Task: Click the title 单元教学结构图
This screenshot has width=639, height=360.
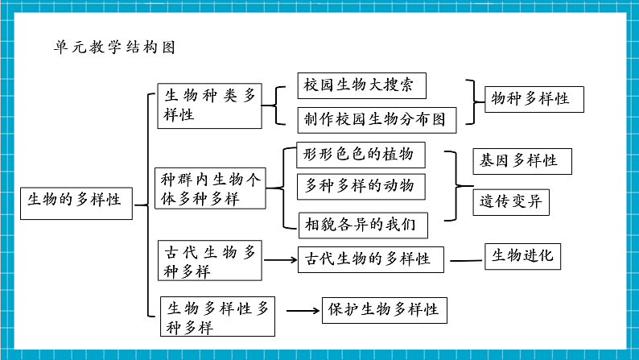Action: pos(113,47)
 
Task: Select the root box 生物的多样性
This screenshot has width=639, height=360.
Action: pos(75,200)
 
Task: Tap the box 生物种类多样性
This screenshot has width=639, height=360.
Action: pos(209,106)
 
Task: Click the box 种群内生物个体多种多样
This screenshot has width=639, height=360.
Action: pos(209,188)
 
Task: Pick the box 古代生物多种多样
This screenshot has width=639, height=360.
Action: pos(209,262)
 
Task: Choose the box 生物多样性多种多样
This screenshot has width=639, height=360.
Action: pos(218,317)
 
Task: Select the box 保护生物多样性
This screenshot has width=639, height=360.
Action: pos(384,310)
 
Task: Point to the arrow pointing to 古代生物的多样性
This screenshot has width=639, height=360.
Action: pos(281,259)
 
